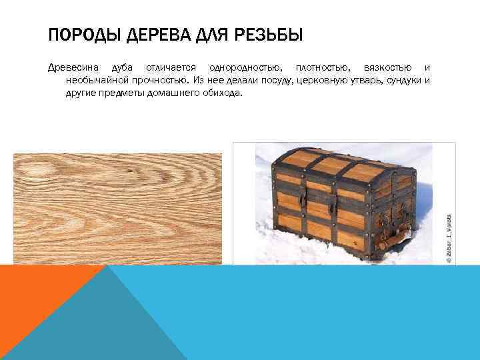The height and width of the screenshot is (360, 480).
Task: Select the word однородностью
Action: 245,68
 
